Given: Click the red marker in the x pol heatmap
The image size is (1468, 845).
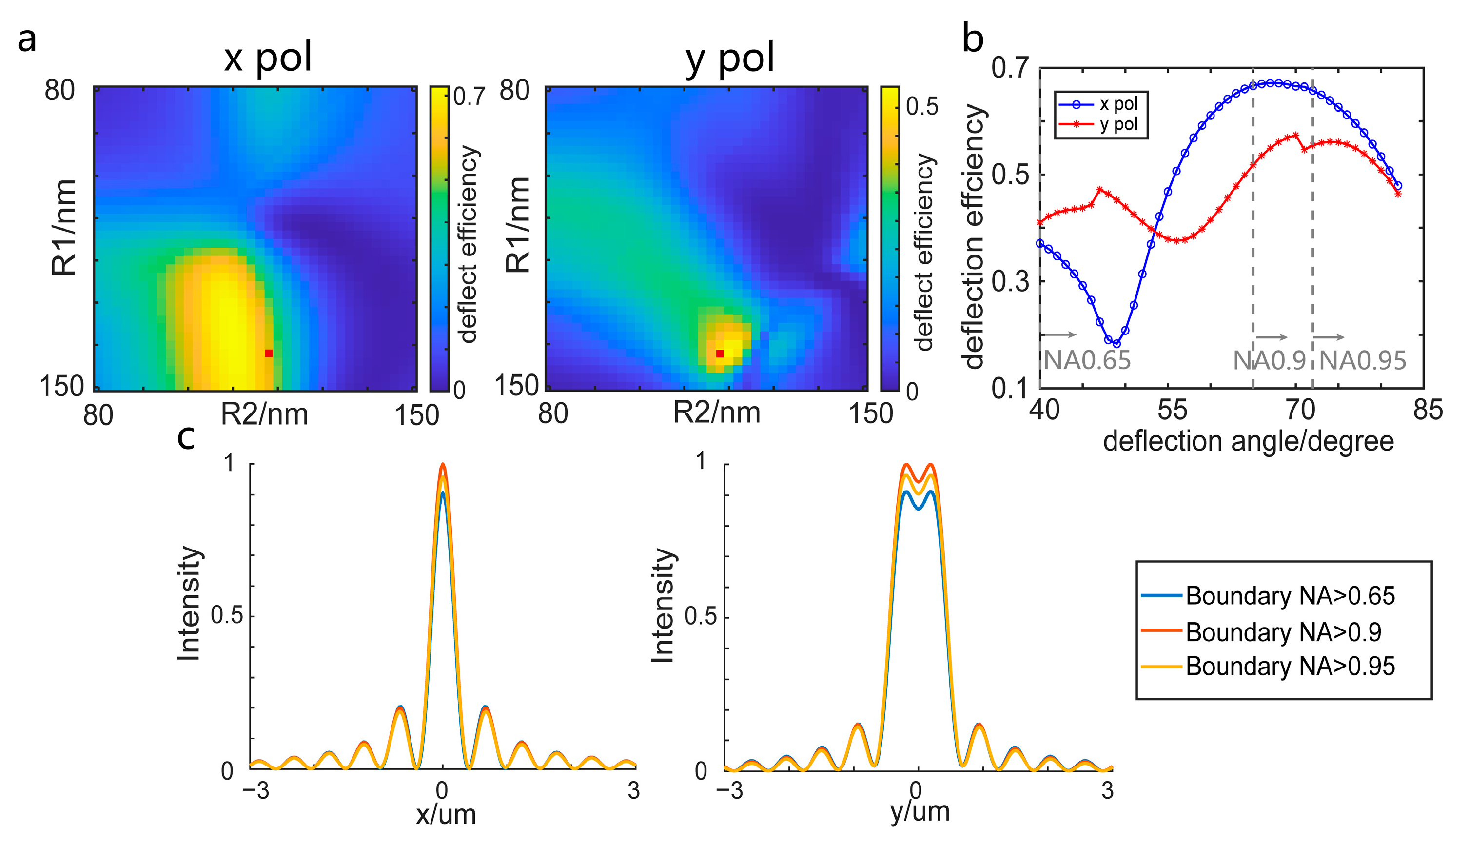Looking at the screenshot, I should [x=268, y=354].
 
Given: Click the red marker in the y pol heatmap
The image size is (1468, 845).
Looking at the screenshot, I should [x=720, y=354].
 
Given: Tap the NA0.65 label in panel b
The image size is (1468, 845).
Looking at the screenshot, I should [x=1087, y=360].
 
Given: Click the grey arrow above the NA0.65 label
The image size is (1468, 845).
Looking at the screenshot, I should [x=1059, y=335].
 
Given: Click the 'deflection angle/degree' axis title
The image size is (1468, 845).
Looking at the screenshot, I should [x=1248, y=442].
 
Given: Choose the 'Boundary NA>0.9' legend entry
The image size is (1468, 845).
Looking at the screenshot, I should [x=1283, y=632].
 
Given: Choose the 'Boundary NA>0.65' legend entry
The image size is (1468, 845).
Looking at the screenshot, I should [x=1289, y=596].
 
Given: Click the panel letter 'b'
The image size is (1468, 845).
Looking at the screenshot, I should [x=973, y=39].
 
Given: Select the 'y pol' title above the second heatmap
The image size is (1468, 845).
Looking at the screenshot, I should [x=729, y=58].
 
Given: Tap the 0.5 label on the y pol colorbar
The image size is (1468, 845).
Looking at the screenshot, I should [x=922, y=106].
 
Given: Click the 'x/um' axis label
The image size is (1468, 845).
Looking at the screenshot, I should [x=446, y=814].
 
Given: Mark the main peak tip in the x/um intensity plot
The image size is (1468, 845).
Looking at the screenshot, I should [x=443, y=464].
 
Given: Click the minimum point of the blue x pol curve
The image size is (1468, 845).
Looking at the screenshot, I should [x=1116, y=344].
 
